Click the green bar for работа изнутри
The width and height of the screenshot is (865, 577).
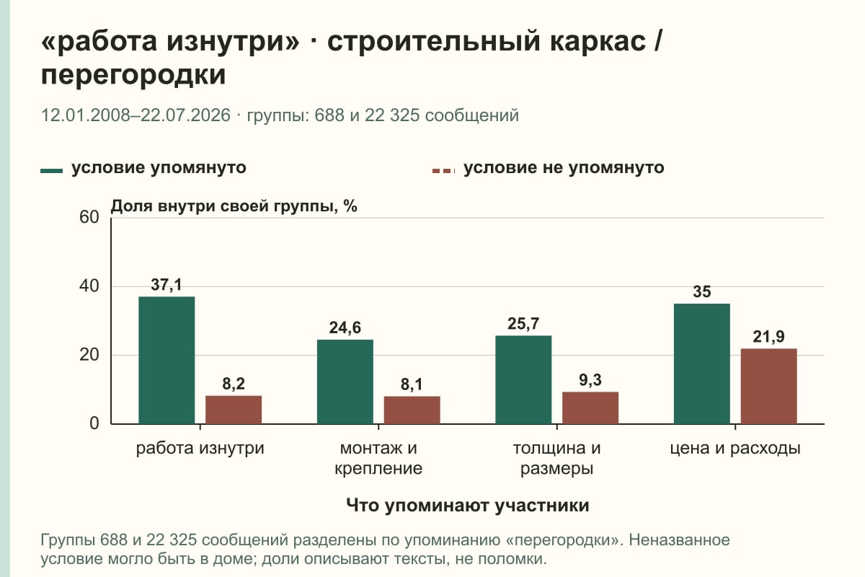coord(167,360)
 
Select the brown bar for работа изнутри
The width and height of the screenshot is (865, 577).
coord(234,410)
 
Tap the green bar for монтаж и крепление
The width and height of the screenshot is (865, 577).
coord(345,382)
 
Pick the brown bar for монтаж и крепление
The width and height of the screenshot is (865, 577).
coord(412,410)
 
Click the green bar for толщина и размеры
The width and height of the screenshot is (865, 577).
coord(523,380)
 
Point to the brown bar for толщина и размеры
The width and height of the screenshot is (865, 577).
coord(590,408)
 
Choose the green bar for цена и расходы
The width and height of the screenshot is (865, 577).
coord(701,364)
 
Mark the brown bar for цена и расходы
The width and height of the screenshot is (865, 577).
coord(768,386)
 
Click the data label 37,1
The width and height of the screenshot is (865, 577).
coord(166,285)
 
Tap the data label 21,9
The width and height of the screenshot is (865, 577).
coord(768,337)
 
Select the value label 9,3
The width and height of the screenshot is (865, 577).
coord(590,380)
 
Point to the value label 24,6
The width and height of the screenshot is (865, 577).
coord(345,328)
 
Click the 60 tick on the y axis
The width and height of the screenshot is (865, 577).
coord(89,217)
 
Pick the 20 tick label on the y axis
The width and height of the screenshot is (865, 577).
coord(89,355)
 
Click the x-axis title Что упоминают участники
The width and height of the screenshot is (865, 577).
coord(468,505)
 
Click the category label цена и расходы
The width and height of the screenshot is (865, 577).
coord(735,449)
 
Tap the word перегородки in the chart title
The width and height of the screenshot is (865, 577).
coord(133,75)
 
